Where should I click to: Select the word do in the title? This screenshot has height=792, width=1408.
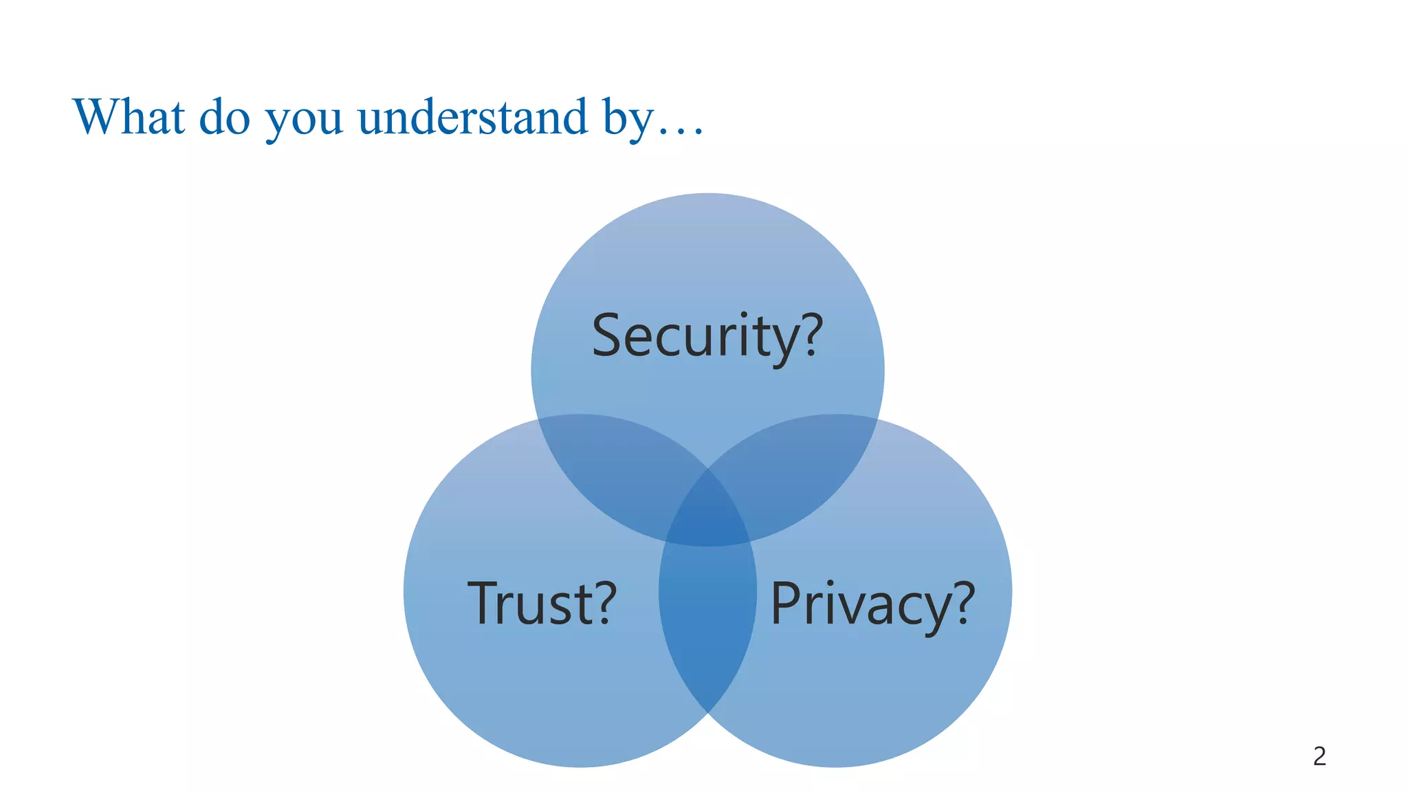pos(224,118)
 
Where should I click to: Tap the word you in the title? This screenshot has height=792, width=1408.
pos(304,120)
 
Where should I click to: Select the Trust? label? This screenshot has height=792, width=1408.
pos(542,603)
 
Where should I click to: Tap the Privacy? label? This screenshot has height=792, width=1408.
pos(872,604)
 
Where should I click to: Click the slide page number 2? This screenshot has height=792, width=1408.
pos(1319,756)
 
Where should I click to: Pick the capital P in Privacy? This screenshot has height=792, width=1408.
pos(785,603)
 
